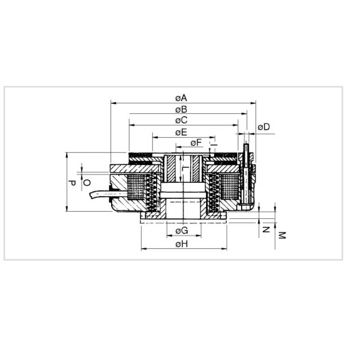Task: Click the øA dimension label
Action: tap(181, 98)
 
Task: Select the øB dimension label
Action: tap(181, 109)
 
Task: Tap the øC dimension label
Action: tap(181, 120)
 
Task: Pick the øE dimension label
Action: tap(181, 132)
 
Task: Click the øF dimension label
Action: tap(196, 143)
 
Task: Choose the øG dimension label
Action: tap(181, 231)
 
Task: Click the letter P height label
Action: tap(72, 183)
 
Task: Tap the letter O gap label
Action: tap(87, 182)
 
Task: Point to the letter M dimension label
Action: tap(282, 235)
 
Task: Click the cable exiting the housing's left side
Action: tap(99, 194)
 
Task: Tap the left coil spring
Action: tap(152, 192)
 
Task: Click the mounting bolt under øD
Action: tap(246, 173)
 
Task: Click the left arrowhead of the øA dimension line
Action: tap(112, 103)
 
